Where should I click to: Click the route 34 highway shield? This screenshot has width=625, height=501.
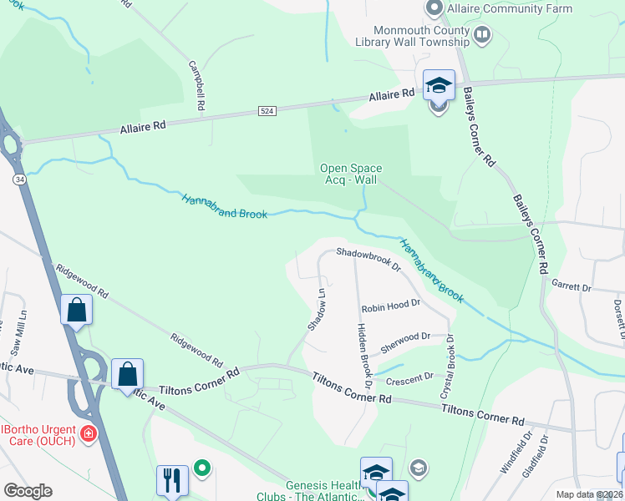[18, 180]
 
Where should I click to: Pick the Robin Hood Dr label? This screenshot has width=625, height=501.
[390, 306]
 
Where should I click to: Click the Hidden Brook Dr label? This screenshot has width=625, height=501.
[364, 354]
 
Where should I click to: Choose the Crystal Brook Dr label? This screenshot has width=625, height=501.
[448, 367]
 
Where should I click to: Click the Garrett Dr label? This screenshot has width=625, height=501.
[572, 286]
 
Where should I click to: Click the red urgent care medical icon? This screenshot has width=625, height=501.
[89, 434]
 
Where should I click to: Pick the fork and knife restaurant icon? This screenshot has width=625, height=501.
[172, 479]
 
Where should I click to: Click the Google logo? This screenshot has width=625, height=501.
[28, 491]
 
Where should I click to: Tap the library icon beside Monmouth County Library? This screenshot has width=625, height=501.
[482, 35]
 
